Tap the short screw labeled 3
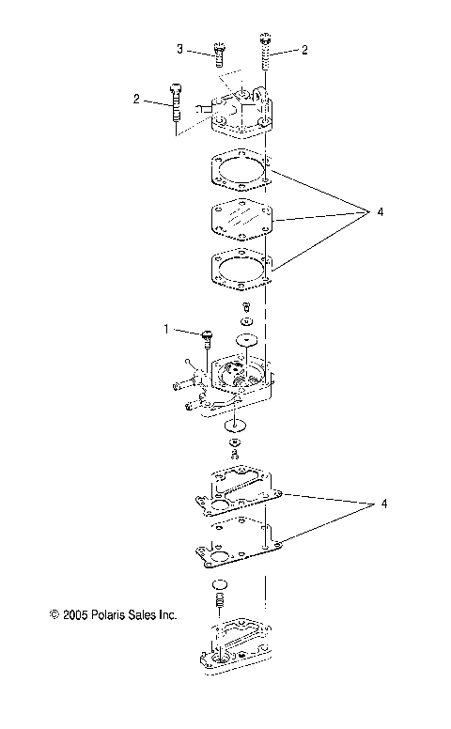(220, 53)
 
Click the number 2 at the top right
(304, 50)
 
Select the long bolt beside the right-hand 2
(265, 52)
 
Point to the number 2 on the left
(137, 98)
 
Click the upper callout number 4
(381, 213)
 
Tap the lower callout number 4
(382, 504)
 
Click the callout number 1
(166, 330)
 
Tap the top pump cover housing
(239, 115)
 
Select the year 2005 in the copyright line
(77, 616)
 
